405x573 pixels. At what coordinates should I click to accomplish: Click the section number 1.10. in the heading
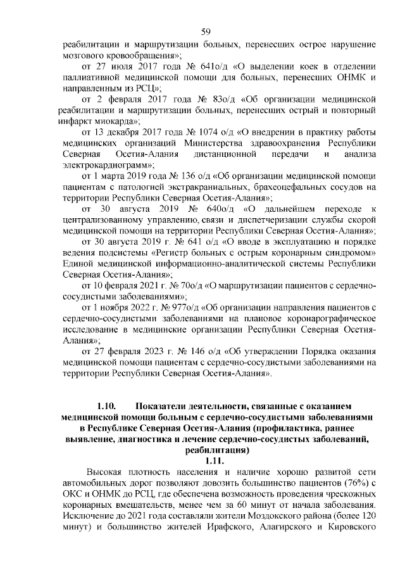click(106, 405)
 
